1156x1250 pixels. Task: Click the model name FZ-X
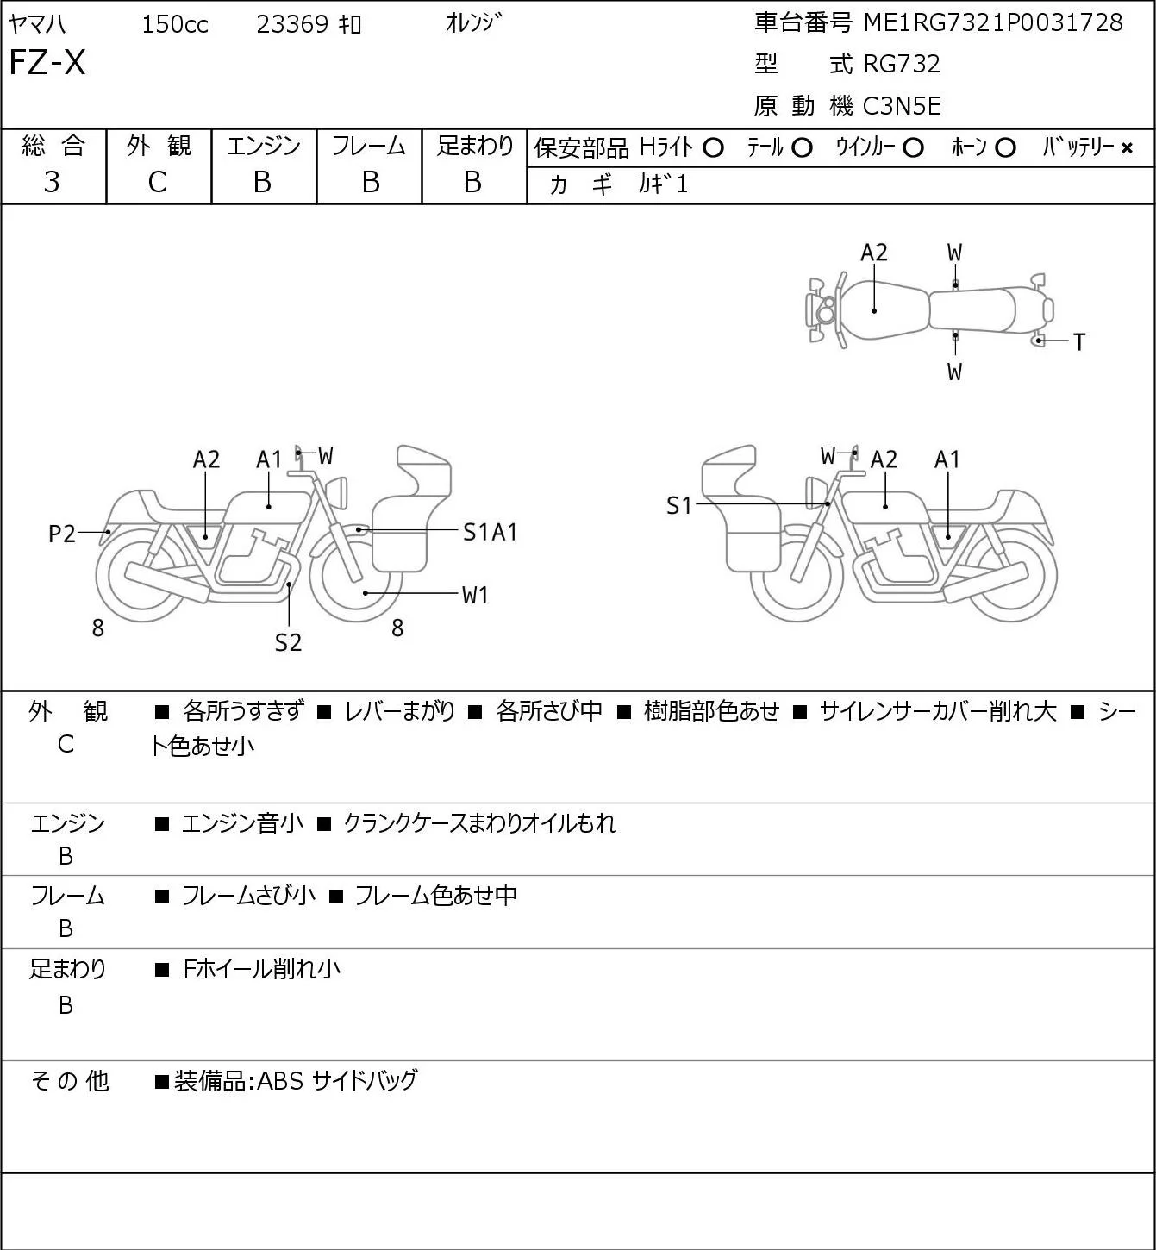tap(47, 62)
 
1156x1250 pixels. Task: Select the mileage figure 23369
tap(292, 24)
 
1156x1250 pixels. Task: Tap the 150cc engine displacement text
tap(175, 24)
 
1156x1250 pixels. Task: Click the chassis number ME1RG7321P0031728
tap(993, 22)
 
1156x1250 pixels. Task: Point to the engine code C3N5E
tap(902, 106)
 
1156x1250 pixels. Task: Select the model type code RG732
tap(902, 64)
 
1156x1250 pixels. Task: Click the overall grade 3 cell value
tap(52, 183)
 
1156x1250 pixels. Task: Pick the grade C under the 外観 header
tap(158, 183)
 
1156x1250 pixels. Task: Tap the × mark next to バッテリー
tap(1127, 148)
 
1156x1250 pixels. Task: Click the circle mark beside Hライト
tap(713, 148)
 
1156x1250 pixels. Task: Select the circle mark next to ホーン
tap(1005, 148)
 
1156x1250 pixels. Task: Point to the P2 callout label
tap(62, 534)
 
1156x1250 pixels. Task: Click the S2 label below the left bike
tap(289, 642)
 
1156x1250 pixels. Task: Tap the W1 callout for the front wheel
tap(475, 595)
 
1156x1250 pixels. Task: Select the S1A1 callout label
tap(490, 533)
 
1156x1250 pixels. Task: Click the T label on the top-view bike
tap(1079, 342)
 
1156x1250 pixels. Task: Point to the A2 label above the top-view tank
tap(874, 253)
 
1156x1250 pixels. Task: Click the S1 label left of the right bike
tap(678, 505)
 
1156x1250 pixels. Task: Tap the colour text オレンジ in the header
tap(473, 23)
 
